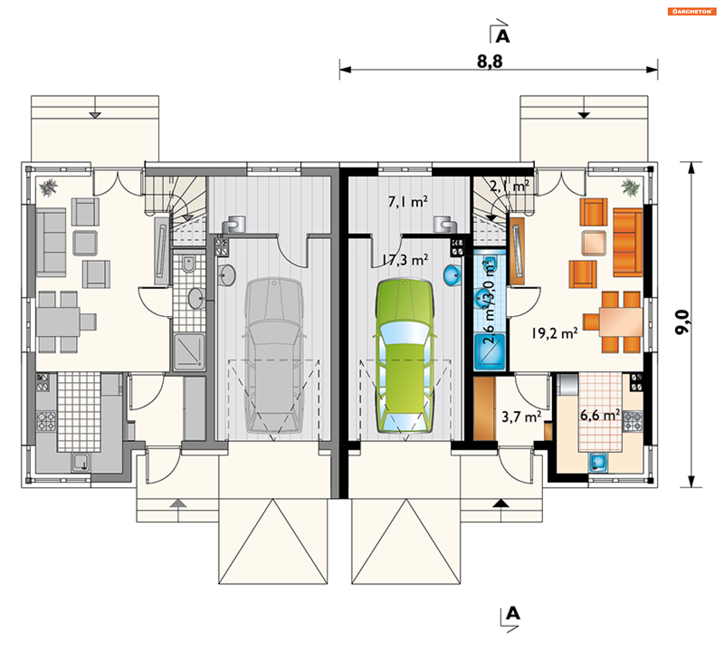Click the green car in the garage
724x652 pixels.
click(405, 355)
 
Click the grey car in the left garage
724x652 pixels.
click(274, 355)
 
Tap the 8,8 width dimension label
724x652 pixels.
click(489, 62)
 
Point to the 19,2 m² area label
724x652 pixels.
click(554, 333)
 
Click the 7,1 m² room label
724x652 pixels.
click(408, 202)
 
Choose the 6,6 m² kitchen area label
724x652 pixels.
click(600, 415)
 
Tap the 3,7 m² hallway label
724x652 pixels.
click(522, 417)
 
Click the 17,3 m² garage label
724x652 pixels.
click(405, 260)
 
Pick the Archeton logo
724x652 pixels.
click(692, 11)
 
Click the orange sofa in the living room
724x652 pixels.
click(628, 242)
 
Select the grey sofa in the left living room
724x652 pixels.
click(51, 242)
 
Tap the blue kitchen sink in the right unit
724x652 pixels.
click(598, 462)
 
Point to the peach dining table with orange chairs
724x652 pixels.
click(621, 322)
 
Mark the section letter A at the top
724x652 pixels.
click(503, 37)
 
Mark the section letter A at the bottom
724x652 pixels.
click(513, 613)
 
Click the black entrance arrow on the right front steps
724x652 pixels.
click(501, 503)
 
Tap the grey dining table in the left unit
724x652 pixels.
click(58, 322)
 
